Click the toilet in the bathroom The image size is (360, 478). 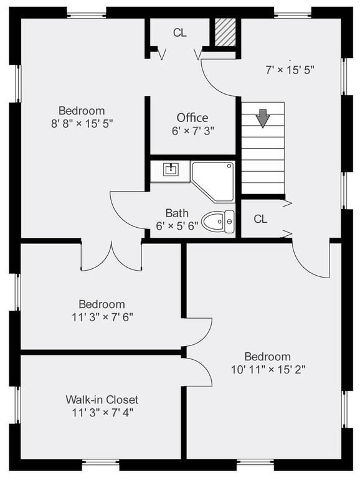point(220,221)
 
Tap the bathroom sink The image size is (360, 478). point(171,169)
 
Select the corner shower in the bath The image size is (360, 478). point(213,181)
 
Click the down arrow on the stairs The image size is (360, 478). point(263,118)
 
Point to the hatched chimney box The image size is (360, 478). point(225,31)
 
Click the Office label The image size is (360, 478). point(192,118)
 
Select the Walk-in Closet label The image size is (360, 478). point(102,400)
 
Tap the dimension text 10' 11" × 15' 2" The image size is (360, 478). point(267,368)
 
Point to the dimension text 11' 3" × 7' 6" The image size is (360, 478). point(102,316)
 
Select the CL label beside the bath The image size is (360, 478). point(260,219)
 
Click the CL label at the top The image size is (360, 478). point(179,33)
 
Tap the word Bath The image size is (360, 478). point(177,213)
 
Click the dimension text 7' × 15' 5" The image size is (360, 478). point(290,70)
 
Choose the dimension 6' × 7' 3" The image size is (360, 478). point(192,131)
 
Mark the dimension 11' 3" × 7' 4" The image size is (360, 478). point(102,411)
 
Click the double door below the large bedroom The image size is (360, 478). point(111,256)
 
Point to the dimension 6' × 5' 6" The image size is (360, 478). point(177,226)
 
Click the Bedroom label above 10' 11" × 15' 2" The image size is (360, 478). point(267,357)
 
